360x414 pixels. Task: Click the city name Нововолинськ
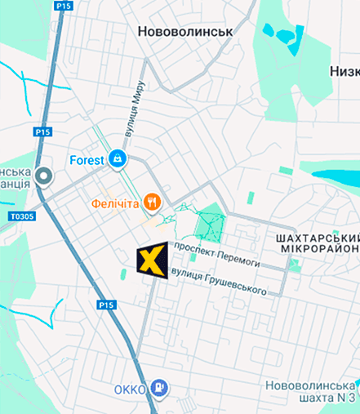point(185,31)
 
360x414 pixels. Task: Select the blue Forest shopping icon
point(119,158)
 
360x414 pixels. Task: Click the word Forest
point(87,160)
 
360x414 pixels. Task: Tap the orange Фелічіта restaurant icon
point(151,202)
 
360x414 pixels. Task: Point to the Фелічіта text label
point(114,203)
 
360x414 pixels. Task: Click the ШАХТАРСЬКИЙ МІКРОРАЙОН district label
point(313,243)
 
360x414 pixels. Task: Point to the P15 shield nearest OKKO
point(106,305)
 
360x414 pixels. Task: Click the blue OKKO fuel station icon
point(161,387)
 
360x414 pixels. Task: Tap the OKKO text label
point(131,387)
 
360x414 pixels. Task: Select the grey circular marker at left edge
point(43,176)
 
